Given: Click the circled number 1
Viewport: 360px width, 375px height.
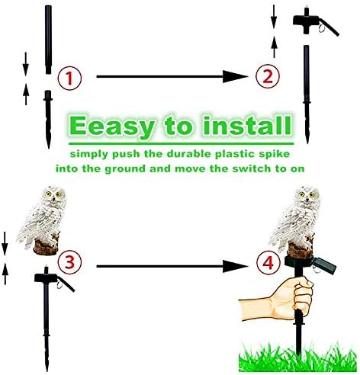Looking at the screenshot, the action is (69, 78).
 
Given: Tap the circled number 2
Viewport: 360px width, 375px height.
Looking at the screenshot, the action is (268, 76).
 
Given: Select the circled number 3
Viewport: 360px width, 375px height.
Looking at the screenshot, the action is (69, 262).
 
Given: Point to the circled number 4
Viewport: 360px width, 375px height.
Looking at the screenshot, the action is (268, 262).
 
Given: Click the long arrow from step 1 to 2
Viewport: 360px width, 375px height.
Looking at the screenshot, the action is (172, 76).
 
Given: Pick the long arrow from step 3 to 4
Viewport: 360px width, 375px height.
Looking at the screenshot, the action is (172, 266).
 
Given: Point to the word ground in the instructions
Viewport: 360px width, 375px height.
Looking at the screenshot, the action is (126, 169).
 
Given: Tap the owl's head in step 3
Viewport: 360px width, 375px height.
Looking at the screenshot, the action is (54, 195).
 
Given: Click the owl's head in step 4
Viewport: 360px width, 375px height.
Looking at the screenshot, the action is (307, 194).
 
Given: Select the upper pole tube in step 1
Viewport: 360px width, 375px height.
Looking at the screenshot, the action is (48, 40).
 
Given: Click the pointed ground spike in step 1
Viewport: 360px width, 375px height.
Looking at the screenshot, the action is (48, 119).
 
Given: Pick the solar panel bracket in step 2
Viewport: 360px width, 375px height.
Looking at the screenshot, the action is (315, 22).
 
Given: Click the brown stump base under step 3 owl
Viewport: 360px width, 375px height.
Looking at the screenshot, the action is (46, 247).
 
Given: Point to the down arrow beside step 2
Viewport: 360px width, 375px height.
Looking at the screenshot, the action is (274, 17).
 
